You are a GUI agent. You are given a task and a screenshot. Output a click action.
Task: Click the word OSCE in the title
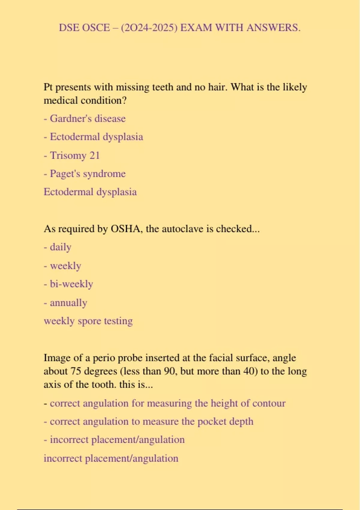(x=96, y=28)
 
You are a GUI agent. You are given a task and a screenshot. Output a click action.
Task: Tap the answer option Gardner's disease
(x=87, y=118)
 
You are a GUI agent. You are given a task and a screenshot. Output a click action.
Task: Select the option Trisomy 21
(x=74, y=155)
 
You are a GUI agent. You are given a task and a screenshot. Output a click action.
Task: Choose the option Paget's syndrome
(x=87, y=174)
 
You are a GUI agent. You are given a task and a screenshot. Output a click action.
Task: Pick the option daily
(x=60, y=247)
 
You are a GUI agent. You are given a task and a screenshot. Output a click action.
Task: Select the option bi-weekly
(x=71, y=284)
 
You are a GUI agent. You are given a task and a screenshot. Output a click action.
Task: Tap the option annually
(x=68, y=303)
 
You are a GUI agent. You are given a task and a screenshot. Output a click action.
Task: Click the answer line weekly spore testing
(x=88, y=321)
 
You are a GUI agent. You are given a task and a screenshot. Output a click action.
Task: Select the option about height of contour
(x=167, y=403)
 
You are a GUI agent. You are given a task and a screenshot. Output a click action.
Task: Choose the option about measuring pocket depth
(x=151, y=421)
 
